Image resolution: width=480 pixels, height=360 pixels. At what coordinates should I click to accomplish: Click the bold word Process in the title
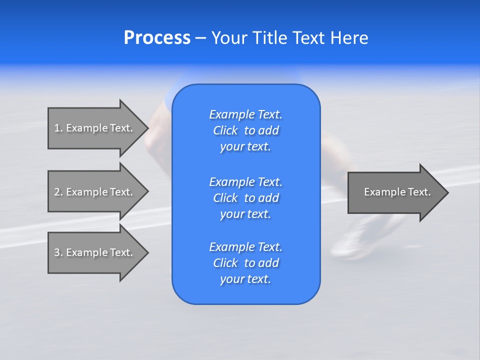(157, 38)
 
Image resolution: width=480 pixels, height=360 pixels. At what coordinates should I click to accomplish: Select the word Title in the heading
(268, 38)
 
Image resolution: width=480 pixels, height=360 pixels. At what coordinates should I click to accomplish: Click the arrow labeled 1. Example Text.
(95, 128)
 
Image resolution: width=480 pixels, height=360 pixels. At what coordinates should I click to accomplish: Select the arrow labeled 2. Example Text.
(95, 192)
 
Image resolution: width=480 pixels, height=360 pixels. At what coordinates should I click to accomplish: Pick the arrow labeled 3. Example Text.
(95, 252)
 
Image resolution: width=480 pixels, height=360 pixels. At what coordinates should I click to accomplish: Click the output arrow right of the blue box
(395, 192)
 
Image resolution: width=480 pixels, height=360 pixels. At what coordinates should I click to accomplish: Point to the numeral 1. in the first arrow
(58, 128)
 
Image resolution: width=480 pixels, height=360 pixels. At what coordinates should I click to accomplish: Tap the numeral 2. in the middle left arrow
(58, 192)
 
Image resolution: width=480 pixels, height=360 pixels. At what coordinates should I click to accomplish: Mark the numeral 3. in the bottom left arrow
(58, 252)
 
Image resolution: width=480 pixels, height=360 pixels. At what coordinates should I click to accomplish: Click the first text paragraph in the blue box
(245, 130)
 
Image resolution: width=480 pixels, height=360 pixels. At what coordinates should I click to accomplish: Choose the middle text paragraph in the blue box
(245, 197)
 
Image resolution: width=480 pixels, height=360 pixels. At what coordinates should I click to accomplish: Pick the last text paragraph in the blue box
(245, 263)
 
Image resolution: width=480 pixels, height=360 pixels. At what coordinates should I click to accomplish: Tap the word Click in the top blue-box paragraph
(225, 130)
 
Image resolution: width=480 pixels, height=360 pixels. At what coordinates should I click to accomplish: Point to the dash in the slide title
(200, 38)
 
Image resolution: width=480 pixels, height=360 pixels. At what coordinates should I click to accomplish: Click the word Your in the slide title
(229, 38)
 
